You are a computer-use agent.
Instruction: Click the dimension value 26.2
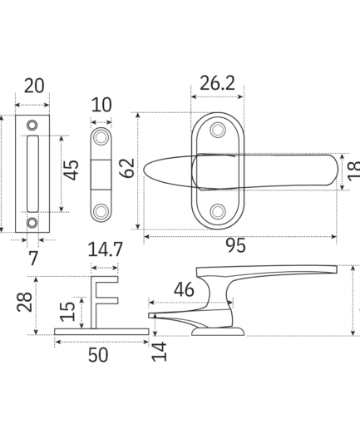click(217, 83)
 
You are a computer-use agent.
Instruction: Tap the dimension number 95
click(235, 245)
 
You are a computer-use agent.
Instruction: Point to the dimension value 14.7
click(105, 249)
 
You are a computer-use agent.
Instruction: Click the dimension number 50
click(98, 355)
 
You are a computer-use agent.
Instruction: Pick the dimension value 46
click(184, 290)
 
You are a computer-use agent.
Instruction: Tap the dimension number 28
click(24, 302)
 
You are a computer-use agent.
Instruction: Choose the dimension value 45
click(72, 170)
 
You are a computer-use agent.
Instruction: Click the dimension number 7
click(33, 259)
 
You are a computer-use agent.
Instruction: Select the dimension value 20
click(34, 86)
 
